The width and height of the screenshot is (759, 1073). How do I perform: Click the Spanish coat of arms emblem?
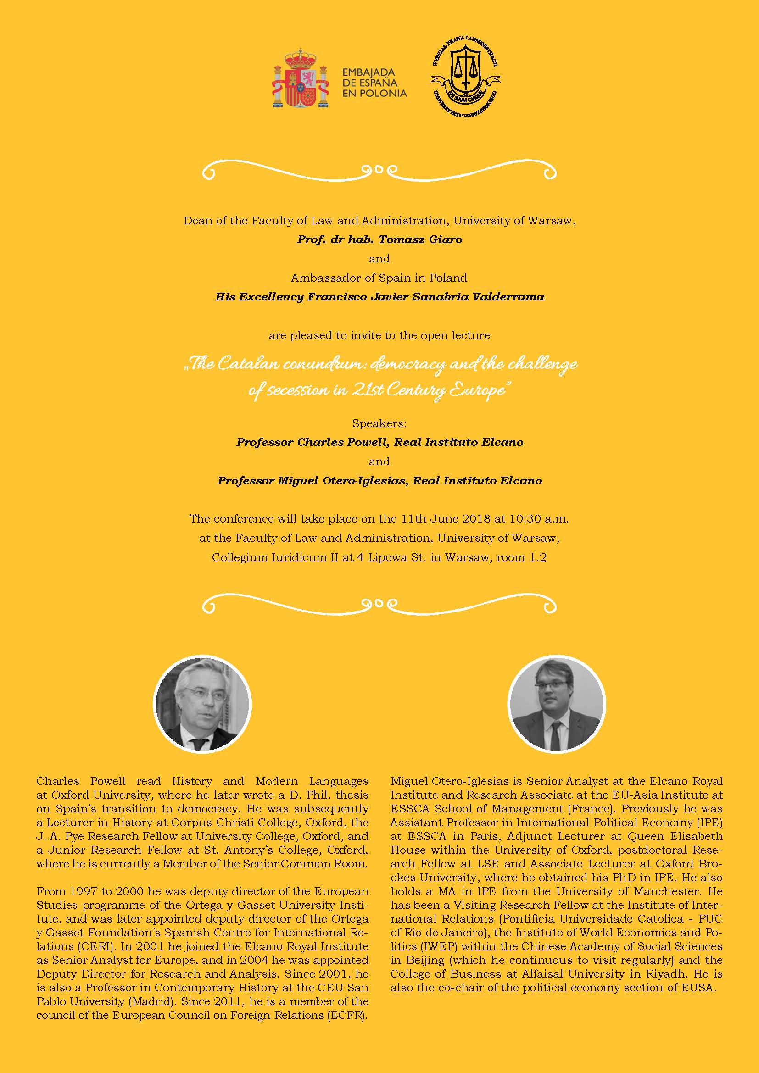301,80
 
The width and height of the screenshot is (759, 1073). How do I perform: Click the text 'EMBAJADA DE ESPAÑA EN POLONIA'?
374,83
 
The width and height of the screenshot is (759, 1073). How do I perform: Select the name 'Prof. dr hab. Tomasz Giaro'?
379,240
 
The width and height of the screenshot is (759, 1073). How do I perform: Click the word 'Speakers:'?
379,423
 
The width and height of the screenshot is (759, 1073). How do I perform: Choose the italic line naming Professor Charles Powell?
379,443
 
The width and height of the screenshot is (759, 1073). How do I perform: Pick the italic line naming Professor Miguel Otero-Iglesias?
379,481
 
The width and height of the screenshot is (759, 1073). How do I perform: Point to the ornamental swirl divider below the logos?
379,170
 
